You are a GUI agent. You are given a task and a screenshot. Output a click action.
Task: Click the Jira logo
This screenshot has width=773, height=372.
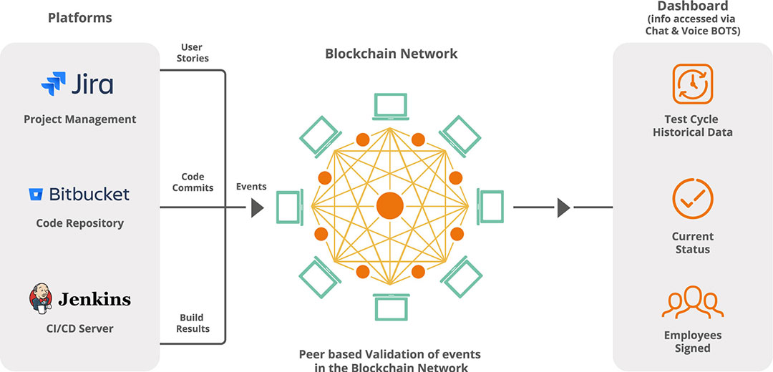[x=77, y=85]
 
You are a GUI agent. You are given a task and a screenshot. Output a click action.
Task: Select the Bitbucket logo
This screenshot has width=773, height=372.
[x=79, y=194]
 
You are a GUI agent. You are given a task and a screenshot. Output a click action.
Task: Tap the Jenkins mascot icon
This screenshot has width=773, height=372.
[x=41, y=298]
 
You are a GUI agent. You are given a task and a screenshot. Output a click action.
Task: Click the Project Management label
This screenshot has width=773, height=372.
[x=79, y=119]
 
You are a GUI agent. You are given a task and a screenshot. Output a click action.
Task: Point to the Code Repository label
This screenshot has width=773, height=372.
[x=79, y=223]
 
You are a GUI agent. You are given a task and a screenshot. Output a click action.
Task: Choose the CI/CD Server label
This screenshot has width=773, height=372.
[x=79, y=328]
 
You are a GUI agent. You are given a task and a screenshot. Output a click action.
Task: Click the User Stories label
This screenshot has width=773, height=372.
[x=193, y=52]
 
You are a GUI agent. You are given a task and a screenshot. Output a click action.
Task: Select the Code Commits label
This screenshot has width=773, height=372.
[x=193, y=182]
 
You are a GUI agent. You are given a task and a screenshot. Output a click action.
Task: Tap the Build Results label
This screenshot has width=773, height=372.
[x=193, y=323]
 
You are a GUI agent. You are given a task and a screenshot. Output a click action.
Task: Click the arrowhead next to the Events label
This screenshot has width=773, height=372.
[x=257, y=208]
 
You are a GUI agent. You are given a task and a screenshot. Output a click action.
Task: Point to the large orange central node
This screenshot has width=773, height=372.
[x=390, y=206]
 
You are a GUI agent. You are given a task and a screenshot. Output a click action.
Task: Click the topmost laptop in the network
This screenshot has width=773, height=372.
[x=390, y=107]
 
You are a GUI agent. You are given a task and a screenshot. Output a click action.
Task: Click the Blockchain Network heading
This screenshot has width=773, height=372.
[x=391, y=54]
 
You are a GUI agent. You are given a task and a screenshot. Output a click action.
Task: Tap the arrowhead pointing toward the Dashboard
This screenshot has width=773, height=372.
[x=563, y=208]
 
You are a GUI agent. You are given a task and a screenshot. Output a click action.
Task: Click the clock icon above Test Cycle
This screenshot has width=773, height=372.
[x=692, y=84]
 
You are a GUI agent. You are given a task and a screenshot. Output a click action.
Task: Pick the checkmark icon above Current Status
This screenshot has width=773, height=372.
[x=692, y=199]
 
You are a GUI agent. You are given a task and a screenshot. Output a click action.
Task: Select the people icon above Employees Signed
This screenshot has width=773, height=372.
[x=692, y=303]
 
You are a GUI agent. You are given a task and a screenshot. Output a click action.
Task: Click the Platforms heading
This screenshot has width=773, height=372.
[x=79, y=17]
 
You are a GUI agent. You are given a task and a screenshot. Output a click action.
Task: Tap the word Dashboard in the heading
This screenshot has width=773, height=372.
[x=692, y=6]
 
